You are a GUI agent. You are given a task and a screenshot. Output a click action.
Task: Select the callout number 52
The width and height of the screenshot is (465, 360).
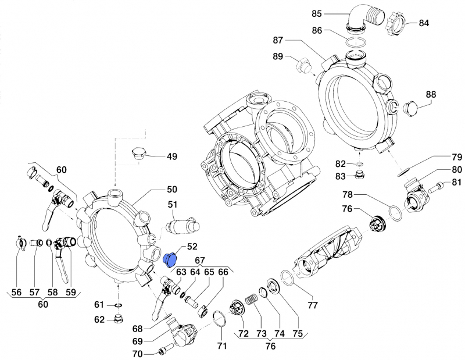click(192, 246)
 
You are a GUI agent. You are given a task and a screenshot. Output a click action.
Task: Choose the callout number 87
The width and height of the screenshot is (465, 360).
click(277, 40)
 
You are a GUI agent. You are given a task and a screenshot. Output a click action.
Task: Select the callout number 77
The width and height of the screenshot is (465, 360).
click(313, 305)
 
